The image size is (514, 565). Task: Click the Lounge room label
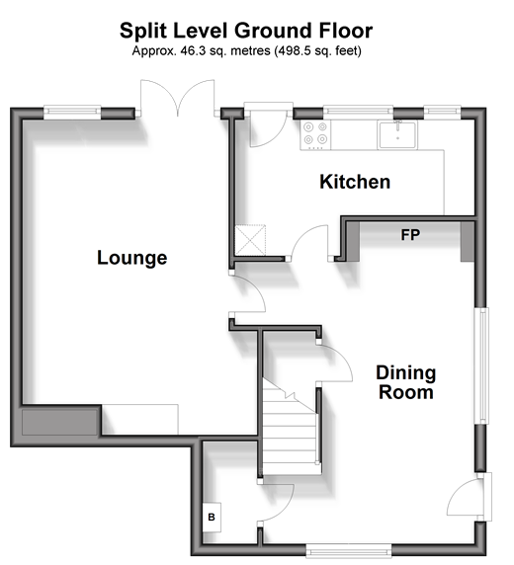pyautogui.click(x=132, y=258)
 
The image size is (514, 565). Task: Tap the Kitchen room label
pyautogui.click(x=355, y=182)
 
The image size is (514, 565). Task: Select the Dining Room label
pyautogui.click(x=406, y=382)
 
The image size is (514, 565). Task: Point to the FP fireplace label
pyautogui.click(x=410, y=235)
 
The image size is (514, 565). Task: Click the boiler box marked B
pyautogui.click(x=212, y=517)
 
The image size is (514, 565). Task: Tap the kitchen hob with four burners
pyautogui.click(x=315, y=134)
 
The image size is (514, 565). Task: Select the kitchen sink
pyautogui.click(x=397, y=134)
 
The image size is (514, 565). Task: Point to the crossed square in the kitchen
pyautogui.click(x=250, y=240)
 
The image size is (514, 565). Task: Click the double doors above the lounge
pyautogui.click(x=178, y=98)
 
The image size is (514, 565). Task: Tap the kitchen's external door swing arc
pyautogui.click(x=269, y=128)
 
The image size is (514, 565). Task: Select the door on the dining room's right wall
pyautogui.click(x=469, y=497)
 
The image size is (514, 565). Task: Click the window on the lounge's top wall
pyautogui.click(x=72, y=112)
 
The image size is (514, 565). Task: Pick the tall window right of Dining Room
pyautogui.click(x=481, y=365)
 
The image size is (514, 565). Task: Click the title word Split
pyautogui.click(x=143, y=31)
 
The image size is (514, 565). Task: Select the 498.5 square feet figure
pyautogui.click(x=294, y=50)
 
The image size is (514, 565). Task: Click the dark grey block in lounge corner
pyautogui.click(x=59, y=422)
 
